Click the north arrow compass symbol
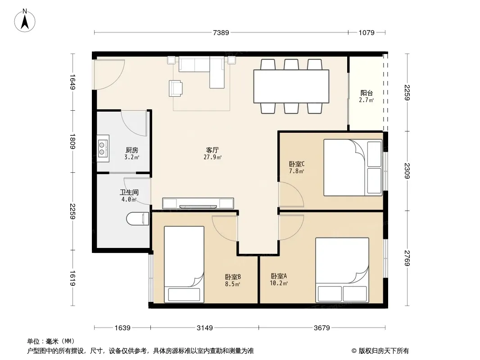pyautogui.click(x=25, y=21)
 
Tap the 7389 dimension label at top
pyautogui.click(x=221, y=32)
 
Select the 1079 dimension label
pyautogui.click(x=367, y=32)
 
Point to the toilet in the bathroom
pyautogui.click(x=138, y=218)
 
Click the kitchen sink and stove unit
pyautogui.click(x=103, y=148)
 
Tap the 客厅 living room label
pyautogui.click(x=212, y=150)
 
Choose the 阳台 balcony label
pyautogui.click(x=366, y=93)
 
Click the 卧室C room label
pyautogui.click(x=297, y=164)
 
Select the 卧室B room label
pyautogui.click(x=233, y=277)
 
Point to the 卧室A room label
pyautogui.click(x=279, y=276)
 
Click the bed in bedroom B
pyautogui.click(x=184, y=264)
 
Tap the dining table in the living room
pyautogui.click(x=291, y=86)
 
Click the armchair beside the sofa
pyautogui.click(x=176, y=88)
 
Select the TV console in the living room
pyautogui.click(x=198, y=203)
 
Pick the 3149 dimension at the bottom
pyautogui.click(x=204, y=328)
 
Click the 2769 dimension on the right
pyautogui.click(x=407, y=258)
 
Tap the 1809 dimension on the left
pyautogui.click(x=72, y=141)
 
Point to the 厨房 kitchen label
pyautogui.click(x=131, y=150)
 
